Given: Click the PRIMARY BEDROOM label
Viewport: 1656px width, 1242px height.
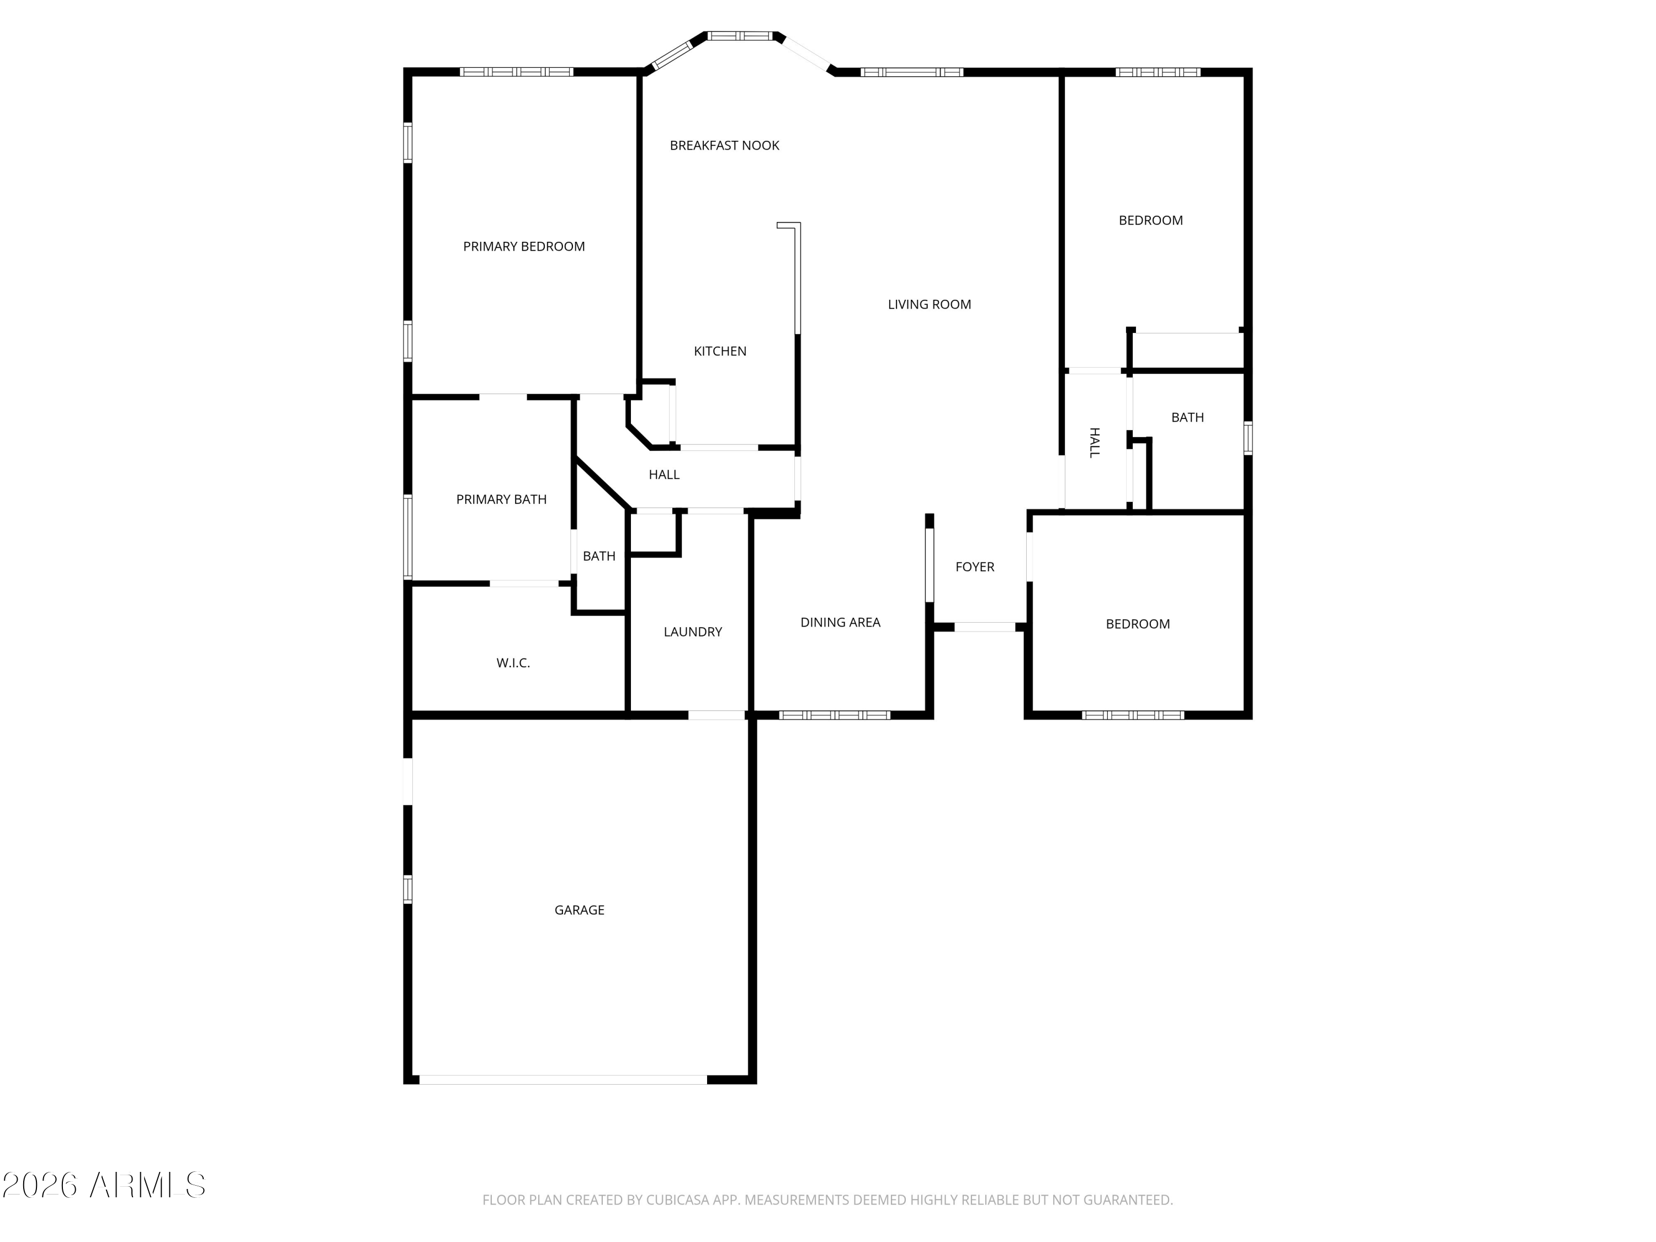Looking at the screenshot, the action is click(x=523, y=246).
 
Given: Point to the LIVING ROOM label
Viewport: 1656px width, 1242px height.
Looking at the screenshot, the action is click(x=929, y=304).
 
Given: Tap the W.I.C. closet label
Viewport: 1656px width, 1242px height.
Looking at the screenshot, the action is click(x=513, y=662).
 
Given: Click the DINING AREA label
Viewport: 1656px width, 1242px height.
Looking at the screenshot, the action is click(x=840, y=622).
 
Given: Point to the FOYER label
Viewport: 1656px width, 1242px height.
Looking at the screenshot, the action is click(x=975, y=567).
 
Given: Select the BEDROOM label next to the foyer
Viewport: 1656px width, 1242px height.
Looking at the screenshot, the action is click(x=1137, y=624).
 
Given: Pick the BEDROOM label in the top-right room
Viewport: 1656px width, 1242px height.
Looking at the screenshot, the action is click(x=1151, y=220).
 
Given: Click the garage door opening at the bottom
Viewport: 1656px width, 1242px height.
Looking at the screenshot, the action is click(x=563, y=1080).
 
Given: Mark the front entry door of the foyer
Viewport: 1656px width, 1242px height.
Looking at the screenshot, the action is click(x=984, y=627).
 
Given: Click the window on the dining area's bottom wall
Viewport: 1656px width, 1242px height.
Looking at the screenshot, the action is click(x=835, y=715).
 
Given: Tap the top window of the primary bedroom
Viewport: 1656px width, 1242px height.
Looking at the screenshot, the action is click(x=517, y=72).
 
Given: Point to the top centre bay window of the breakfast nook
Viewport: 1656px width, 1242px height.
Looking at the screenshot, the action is click(x=740, y=35).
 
